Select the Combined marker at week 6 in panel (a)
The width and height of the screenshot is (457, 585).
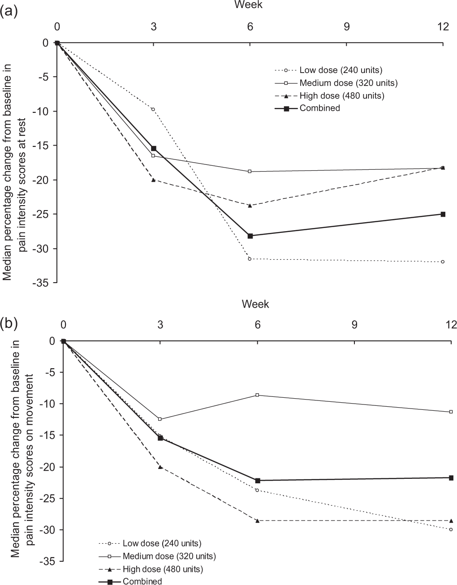(x=250, y=236)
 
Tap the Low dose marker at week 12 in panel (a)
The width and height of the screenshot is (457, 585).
(x=443, y=262)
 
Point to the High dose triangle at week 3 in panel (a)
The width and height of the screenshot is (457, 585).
(x=153, y=180)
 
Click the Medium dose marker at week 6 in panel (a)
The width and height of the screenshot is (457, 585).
(x=250, y=172)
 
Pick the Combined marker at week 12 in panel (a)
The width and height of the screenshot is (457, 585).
(x=443, y=214)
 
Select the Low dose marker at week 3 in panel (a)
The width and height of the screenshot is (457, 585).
(x=153, y=109)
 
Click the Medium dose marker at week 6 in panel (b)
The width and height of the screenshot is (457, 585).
(x=257, y=395)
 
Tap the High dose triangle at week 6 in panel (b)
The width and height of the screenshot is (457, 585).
(x=257, y=520)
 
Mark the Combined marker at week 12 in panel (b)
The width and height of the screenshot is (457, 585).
(x=451, y=477)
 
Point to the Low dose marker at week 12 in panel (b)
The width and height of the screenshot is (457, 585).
(x=451, y=529)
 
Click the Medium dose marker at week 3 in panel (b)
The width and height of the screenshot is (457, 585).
(x=160, y=419)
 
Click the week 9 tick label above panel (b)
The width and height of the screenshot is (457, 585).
(x=354, y=325)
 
